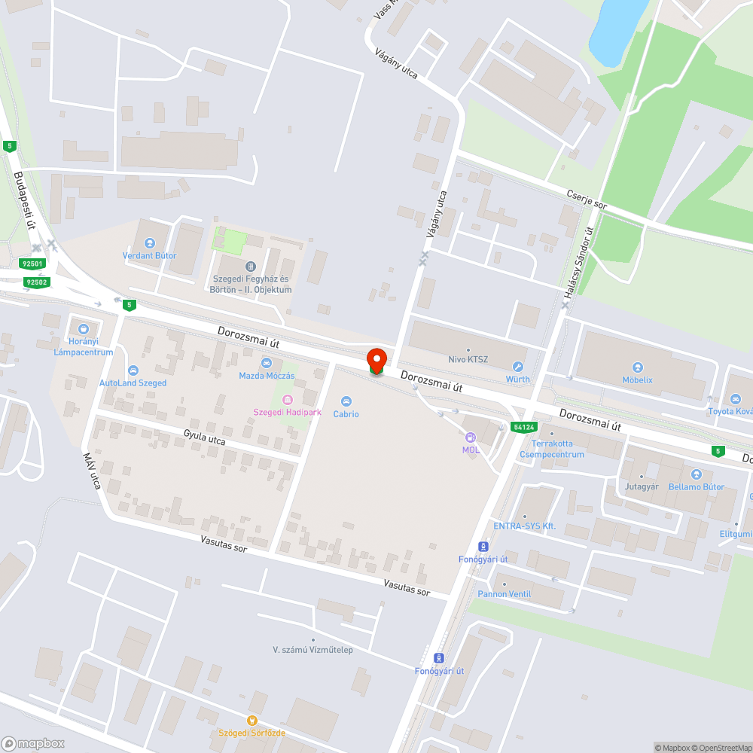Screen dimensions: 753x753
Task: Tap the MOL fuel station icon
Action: (471, 437)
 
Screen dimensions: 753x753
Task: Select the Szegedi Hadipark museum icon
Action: (286, 399)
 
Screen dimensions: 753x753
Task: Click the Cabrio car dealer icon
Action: (346, 401)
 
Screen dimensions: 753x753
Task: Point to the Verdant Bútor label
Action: (149, 255)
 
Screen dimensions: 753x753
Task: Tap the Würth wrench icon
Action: (518, 367)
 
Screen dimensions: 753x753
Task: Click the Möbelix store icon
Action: (638, 367)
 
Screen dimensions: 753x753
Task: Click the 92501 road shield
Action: (33, 264)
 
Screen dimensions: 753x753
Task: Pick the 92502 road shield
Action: (36, 282)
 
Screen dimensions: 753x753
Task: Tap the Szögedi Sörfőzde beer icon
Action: (252, 721)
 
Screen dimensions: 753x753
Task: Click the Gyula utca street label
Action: (205, 437)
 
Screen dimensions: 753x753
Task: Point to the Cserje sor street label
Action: (587, 200)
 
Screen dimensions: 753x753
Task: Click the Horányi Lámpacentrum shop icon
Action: (83, 328)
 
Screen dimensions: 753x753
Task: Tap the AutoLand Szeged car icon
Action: (133, 370)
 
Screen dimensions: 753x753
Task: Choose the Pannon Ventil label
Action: (504, 594)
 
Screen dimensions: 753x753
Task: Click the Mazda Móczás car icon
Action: (267, 363)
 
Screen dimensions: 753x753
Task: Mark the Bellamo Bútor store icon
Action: (696, 474)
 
